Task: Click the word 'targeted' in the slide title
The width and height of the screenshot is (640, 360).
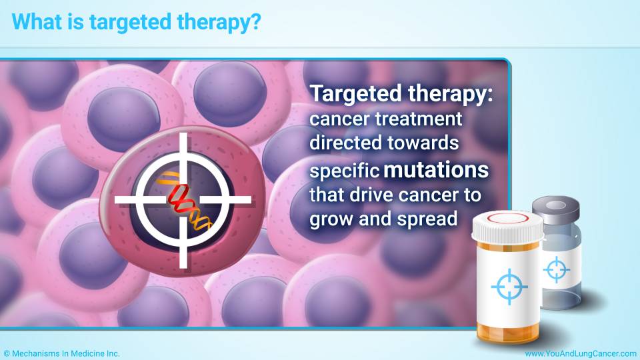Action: coord(131,23)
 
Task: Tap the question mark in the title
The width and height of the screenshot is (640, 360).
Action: coord(255,21)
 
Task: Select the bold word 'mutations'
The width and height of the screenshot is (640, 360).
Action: coord(436,169)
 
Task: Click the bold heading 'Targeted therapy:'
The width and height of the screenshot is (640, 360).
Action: coord(401,94)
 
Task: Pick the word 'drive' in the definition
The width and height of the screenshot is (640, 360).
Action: coord(362,195)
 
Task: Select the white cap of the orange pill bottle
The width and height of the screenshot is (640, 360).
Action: coord(507,227)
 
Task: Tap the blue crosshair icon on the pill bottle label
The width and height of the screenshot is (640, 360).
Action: coord(509,287)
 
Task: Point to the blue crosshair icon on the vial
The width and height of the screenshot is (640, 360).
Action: coord(556,269)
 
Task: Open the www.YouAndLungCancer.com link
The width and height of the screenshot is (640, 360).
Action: coord(581,353)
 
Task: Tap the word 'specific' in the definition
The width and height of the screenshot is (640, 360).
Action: coord(345,171)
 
